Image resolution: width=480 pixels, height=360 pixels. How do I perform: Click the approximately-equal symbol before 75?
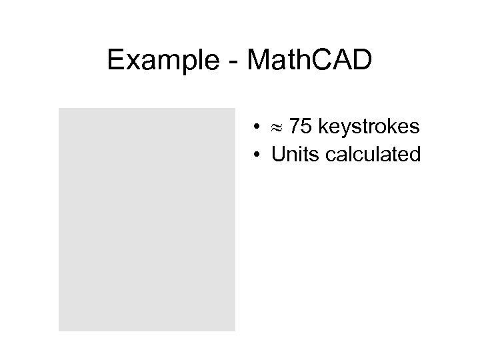pyautogui.click(x=277, y=127)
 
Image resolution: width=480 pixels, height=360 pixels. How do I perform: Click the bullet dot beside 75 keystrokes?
pyautogui.click(x=257, y=127)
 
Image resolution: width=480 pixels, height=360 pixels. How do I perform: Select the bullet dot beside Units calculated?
pyautogui.click(x=257, y=155)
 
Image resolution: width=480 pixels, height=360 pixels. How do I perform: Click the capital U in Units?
pyautogui.click(x=277, y=155)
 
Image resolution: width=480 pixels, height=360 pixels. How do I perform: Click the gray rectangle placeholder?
pyautogui.click(x=147, y=219)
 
